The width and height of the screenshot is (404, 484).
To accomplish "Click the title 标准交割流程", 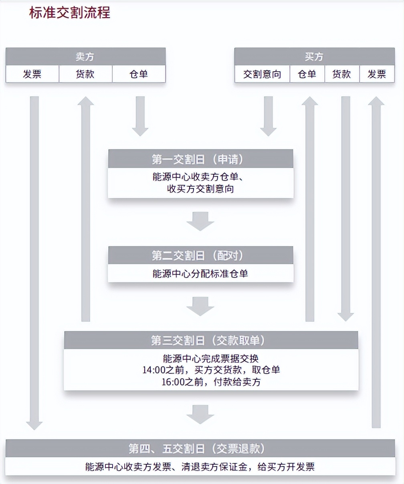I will click(69, 13).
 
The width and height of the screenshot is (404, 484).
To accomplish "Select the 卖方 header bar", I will click(85, 56).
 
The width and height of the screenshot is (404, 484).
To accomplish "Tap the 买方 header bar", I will click(314, 56).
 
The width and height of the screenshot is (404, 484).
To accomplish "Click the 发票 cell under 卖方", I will click(32, 74).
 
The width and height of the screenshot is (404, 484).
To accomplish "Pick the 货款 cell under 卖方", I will click(85, 74).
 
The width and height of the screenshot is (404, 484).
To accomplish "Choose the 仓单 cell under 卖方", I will click(139, 74).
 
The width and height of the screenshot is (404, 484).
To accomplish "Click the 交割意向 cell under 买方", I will click(262, 74).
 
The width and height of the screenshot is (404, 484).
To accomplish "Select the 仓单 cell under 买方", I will click(307, 74).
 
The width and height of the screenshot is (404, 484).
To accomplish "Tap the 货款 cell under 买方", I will click(341, 74).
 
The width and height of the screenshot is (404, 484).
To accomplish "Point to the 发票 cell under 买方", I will click(377, 74).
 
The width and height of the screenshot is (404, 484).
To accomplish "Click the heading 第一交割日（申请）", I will click(200, 159).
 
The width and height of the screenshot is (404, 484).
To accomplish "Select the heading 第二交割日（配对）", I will click(200, 255).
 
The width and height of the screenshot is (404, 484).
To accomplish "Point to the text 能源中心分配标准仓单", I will click(200, 274).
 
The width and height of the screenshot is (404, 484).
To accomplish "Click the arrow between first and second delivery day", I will click(200, 222).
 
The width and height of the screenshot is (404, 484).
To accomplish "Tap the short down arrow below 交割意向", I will click(268, 116).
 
